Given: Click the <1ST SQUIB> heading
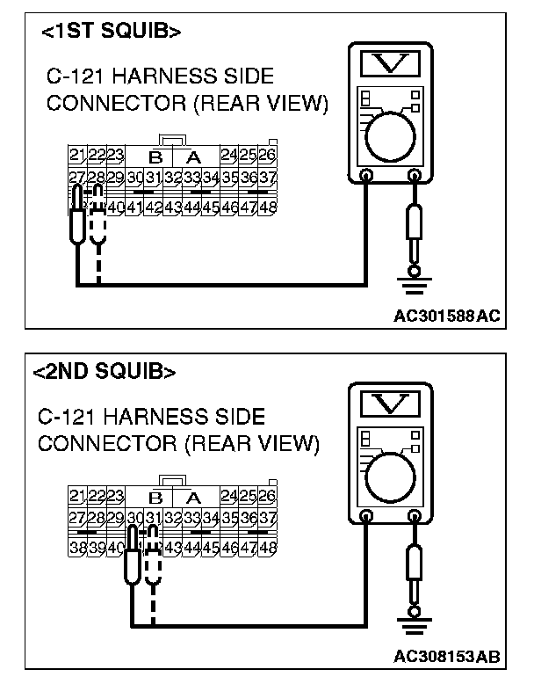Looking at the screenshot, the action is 112,32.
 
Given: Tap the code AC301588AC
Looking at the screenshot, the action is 447,317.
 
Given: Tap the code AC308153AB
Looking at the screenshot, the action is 447,656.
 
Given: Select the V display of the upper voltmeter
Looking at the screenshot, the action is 389,63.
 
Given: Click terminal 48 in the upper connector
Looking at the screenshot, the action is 268,207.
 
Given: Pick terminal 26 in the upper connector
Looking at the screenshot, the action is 268,156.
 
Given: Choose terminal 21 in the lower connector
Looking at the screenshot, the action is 77,495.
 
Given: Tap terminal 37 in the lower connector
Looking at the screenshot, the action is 269,518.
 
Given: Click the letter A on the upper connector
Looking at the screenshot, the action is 194,157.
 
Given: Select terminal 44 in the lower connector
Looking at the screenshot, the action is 191,546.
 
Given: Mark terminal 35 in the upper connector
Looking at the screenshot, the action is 230,178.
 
